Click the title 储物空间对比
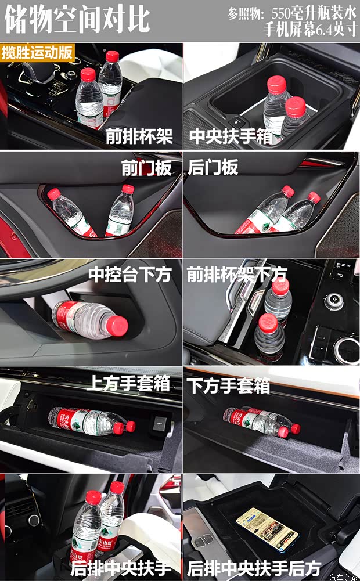tap(77, 20)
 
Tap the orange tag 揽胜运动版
tap(37, 52)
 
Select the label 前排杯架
tap(139, 137)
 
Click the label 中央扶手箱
tap(230, 137)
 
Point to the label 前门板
tap(146, 168)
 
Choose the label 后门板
tap(213, 168)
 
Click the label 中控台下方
tap(130, 274)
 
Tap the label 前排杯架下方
tap(237, 274)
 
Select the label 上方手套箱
tap(129, 383)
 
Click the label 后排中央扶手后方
tap(254, 567)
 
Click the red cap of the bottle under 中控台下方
tap(119, 326)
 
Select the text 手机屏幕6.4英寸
tap(310, 30)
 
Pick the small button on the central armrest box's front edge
tap(236, 122)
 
